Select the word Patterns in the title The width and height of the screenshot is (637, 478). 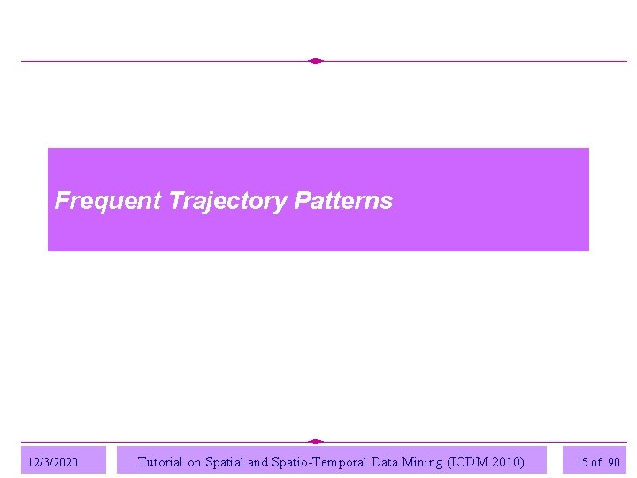(x=343, y=201)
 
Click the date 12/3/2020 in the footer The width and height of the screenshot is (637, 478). (x=53, y=462)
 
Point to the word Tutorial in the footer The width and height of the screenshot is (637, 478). (x=160, y=461)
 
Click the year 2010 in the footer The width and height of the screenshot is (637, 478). (x=508, y=461)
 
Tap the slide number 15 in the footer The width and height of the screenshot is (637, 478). (x=582, y=462)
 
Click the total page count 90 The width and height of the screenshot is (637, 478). (x=614, y=462)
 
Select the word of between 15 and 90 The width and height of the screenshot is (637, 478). (x=597, y=462)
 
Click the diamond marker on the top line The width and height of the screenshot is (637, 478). (x=316, y=61)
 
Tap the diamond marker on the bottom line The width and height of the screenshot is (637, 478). (x=316, y=441)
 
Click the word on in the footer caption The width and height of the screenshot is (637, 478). (x=194, y=461)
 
